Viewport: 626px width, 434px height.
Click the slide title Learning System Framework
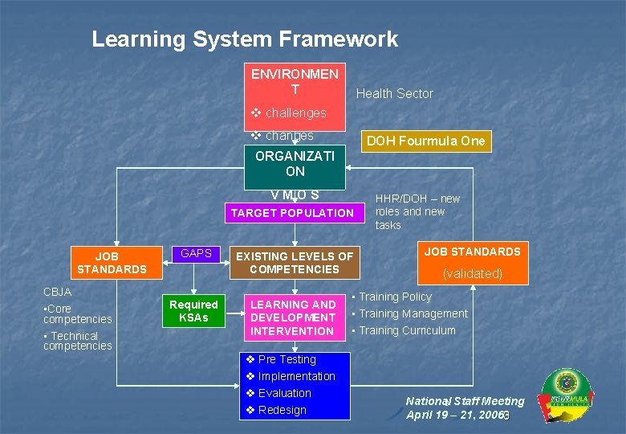[x=245, y=39]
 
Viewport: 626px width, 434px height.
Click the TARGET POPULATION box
[x=292, y=213]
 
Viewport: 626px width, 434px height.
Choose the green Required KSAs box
[x=193, y=311]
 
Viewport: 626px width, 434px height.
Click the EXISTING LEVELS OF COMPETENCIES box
[x=294, y=263]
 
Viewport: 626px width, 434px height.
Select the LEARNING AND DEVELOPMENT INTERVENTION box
[x=294, y=317]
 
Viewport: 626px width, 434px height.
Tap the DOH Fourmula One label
[x=425, y=141]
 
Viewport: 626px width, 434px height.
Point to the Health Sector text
[x=394, y=93]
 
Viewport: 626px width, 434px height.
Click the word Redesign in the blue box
[x=282, y=410]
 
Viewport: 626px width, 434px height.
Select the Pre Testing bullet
[x=287, y=359]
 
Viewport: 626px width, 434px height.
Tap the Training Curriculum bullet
[x=407, y=330]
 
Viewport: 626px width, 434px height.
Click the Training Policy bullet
[x=395, y=297]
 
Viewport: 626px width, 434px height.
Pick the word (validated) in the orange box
[x=473, y=273]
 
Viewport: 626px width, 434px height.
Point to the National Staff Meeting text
[x=465, y=401]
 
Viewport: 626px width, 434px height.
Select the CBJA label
[x=57, y=292]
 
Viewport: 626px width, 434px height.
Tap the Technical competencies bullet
[x=77, y=341]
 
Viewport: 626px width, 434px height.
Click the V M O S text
[x=295, y=194]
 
